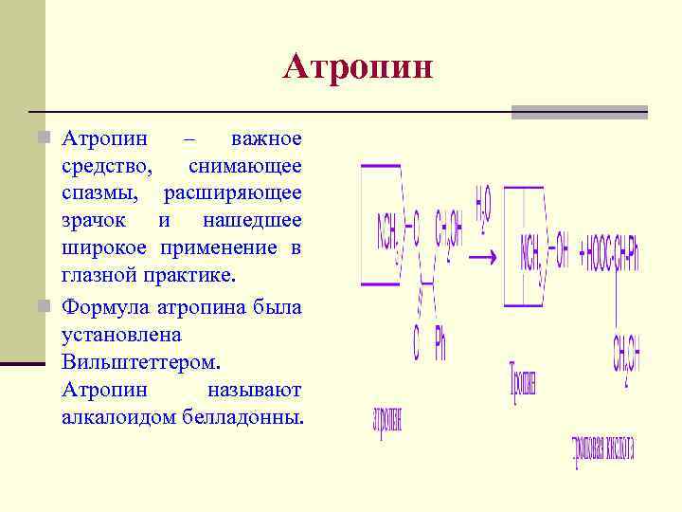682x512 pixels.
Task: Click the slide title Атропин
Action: point(358,67)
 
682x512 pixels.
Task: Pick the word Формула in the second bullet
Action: point(101,307)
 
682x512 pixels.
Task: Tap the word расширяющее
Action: point(233,193)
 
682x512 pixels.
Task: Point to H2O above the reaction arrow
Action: point(483,206)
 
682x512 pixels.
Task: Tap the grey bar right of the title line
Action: point(580,112)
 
